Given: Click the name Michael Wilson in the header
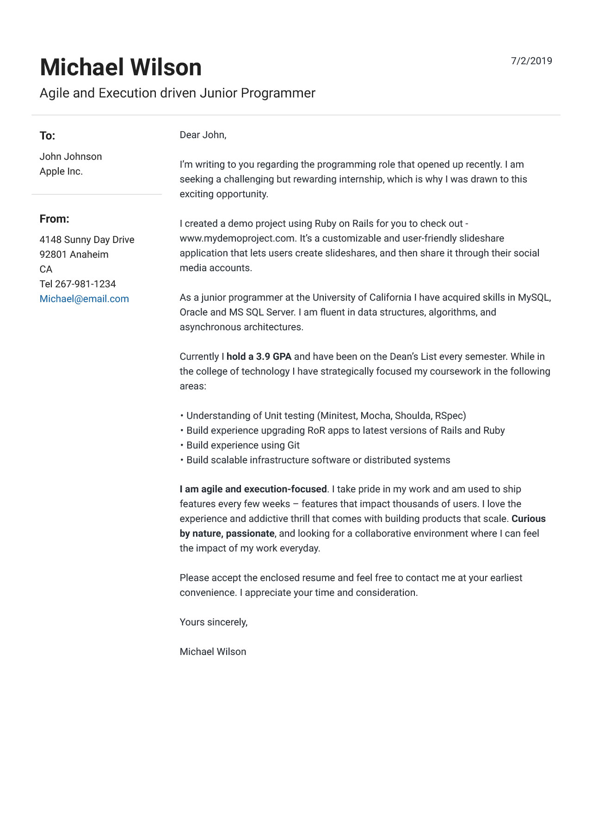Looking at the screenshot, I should [x=121, y=67].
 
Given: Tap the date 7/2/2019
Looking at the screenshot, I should [x=531, y=61].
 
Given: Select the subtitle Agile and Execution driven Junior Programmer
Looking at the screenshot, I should [x=177, y=93].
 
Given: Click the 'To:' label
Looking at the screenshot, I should [x=47, y=136].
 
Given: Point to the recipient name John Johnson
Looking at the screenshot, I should [x=71, y=157].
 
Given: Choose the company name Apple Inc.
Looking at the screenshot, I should [x=61, y=171].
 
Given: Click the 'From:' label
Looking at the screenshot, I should [x=54, y=219].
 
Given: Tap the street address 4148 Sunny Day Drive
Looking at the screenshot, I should [x=87, y=240].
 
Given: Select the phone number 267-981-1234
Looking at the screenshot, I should [x=85, y=284].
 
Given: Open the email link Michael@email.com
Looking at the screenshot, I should [x=84, y=299].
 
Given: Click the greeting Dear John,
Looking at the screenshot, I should [x=203, y=135].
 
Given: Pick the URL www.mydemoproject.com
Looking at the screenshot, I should [x=237, y=238].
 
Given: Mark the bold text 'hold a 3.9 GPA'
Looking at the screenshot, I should [x=259, y=357].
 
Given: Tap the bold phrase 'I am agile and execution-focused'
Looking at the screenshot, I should [x=253, y=489].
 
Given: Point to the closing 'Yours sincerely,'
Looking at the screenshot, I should [x=214, y=622].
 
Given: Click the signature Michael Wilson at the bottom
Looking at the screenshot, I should [x=213, y=652].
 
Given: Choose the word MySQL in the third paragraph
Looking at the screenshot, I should [x=534, y=297].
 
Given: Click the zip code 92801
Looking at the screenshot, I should [x=53, y=254].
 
